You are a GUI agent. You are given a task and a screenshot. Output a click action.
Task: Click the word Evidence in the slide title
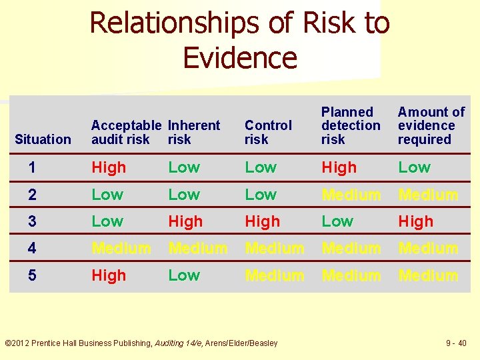(x=239, y=57)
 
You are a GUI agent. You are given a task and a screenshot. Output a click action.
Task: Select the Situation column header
(x=43, y=139)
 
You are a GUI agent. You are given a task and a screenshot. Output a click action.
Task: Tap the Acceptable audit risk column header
(x=126, y=132)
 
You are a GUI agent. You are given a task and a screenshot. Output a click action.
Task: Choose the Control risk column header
(x=268, y=132)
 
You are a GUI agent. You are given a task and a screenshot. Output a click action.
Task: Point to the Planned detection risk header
(x=351, y=125)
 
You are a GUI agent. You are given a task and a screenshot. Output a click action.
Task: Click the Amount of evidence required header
(x=431, y=125)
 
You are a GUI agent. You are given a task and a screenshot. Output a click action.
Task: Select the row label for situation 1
(x=33, y=167)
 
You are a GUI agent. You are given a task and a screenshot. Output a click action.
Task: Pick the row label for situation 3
(x=33, y=221)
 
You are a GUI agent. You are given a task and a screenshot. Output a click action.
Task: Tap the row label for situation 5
(x=33, y=275)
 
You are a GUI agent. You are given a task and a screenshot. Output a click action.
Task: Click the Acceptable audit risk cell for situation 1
(x=109, y=168)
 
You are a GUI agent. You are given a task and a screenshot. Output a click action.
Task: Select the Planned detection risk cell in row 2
(x=351, y=195)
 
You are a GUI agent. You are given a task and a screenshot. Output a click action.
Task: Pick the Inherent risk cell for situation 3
(x=185, y=221)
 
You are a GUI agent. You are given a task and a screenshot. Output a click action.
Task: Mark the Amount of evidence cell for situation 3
(x=415, y=221)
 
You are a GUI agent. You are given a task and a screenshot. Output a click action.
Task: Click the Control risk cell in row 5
(x=274, y=275)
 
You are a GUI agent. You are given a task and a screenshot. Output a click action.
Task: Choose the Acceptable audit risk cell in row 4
(x=121, y=249)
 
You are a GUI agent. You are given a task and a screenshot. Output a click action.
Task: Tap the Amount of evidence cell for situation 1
(x=414, y=168)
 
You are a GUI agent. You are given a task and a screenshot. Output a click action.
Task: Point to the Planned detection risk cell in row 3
(x=337, y=221)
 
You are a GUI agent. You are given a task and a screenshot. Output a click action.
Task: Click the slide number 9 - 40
(x=456, y=343)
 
